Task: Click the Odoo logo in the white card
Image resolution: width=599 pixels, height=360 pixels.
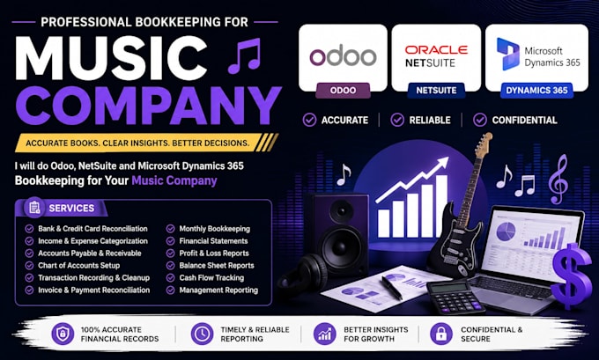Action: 343,56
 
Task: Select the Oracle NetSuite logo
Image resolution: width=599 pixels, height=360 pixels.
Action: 436,56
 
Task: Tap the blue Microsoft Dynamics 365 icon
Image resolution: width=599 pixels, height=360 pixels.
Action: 507,54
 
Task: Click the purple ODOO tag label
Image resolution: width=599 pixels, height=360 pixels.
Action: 343,91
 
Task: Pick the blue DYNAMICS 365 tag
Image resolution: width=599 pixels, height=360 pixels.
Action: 536,91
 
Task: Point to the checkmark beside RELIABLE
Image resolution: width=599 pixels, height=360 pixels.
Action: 397,120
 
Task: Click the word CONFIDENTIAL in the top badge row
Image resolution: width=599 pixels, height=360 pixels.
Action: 524,121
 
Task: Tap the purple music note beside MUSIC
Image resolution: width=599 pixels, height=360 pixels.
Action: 245,55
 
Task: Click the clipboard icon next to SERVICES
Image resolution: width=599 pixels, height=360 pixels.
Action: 34,208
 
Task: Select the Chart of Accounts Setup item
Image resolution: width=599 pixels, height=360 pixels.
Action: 78,265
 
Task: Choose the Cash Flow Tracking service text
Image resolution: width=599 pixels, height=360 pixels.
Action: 211,277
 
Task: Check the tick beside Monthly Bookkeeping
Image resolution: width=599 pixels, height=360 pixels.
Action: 170,229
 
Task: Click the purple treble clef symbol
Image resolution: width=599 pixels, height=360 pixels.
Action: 558,179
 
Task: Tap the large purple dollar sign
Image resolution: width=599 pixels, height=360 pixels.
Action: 571,276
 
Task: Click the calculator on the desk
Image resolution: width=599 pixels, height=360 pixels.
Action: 454,297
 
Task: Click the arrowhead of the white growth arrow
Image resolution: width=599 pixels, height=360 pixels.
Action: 441,163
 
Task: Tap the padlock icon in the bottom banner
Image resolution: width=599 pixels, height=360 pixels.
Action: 440,334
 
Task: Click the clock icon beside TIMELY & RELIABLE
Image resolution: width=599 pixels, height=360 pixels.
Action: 202,334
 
